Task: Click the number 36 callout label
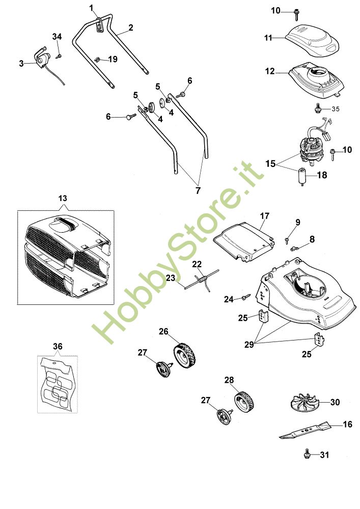(x=58, y=346)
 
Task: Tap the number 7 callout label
(x=198, y=190)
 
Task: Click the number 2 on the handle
(x=131, y=28)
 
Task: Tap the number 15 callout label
(x=270, y=164)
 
